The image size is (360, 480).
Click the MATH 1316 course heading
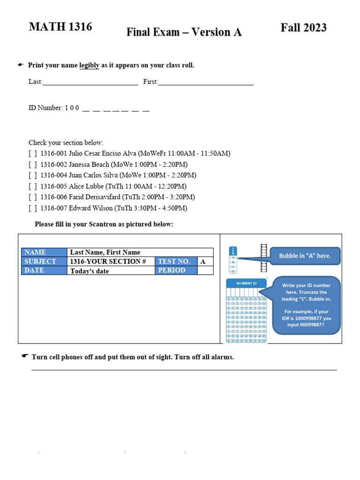point(60,27)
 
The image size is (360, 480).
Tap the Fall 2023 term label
point(304,28)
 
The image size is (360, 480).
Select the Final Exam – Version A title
point(184,32)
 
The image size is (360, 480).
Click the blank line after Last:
point(90,82)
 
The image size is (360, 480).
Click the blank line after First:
point(206,82)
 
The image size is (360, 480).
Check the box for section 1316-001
point(32,153)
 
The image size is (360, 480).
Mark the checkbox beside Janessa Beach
point(32,165)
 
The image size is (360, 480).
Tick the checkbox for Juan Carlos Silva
point(32,175)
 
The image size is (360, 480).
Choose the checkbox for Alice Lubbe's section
point(32,186)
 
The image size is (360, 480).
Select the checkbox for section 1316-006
point(32,197)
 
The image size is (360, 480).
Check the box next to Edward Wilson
point(32,208)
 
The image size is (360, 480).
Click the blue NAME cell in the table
point(44,252)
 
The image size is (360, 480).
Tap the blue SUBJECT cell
point(44,261)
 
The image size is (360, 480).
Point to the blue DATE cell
point(44,270)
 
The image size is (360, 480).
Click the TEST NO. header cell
point(176,261)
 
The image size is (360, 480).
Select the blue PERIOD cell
point(176,270)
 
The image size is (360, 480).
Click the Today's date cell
point(111,270)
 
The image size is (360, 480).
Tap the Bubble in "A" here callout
point(305,256)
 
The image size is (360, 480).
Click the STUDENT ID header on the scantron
point(246,283)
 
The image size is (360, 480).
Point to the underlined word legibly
point(89,65)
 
